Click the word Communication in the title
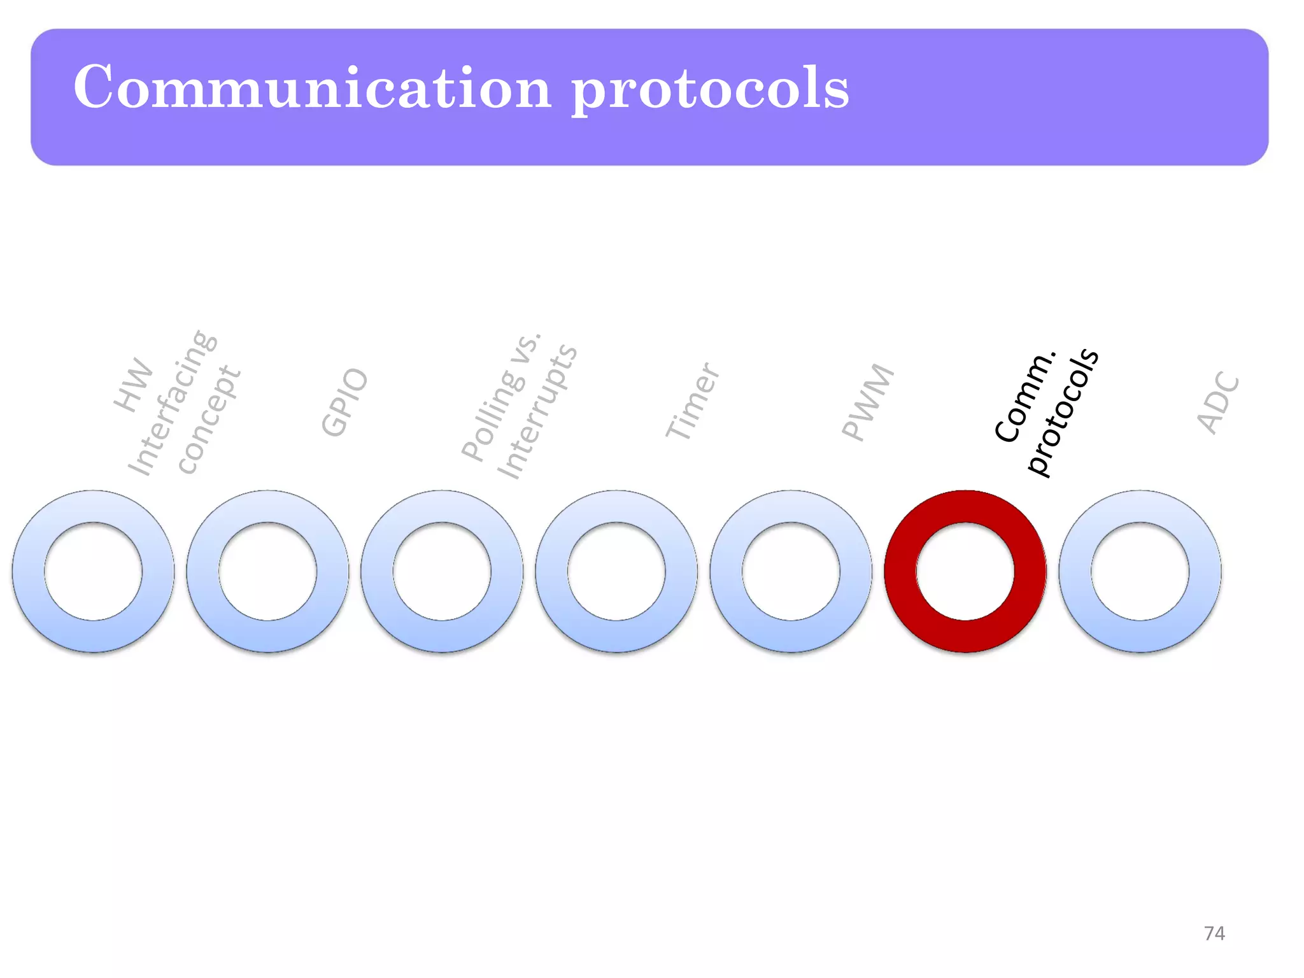(312, 87)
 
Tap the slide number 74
(1214, 933)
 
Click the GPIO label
(344, 402)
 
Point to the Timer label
(693, 400)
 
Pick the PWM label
(868, 402)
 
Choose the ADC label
(1218, 402)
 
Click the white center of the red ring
(965, 571)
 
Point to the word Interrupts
(537, 412)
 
